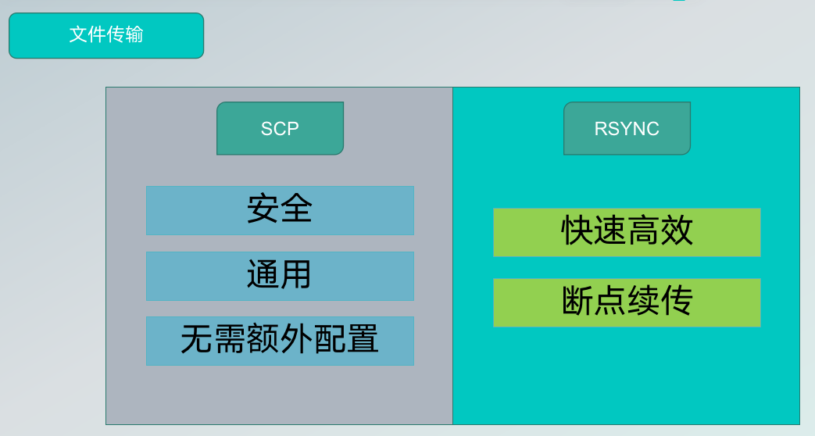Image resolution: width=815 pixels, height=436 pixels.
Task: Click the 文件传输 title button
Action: pyautogui.click(x=106, y=35)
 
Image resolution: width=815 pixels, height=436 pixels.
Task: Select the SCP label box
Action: pyautogui.click(x=280, y=128)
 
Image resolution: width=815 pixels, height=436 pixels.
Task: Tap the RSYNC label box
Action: pyautogui.click(x=627, y=128)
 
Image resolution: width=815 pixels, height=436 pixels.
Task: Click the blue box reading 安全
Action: pyautogui.click(x=280, y=210)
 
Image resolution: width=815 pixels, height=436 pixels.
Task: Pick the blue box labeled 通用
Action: pyautogui.click(x=280, y=276)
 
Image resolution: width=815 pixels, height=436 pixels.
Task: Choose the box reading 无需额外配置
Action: pyautogui.click(x=280, y=341)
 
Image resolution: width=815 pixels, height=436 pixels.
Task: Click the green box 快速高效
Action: pyautogui.click(x=627, y=232)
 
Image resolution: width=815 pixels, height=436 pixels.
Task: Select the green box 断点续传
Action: pyautogui.click(x=627, y=302)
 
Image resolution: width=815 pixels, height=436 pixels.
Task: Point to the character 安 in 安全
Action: pyautogui.click(x=263, y=209)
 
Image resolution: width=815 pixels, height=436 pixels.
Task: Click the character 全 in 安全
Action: pyautogui.click(x=296, y=209)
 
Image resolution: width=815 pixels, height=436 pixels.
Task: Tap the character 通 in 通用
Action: pyautogui.click(x=263, y=275)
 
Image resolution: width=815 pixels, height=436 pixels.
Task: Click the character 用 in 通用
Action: pyautogui.click(x=296, y=275)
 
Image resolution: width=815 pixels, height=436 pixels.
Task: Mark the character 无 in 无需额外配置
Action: pyautogui.click(x=197, y=341)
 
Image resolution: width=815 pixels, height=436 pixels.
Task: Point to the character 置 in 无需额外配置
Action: pyautogui.click(x=363, y=341)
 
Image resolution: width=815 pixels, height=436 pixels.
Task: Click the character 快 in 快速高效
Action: pyautogui.click(x=577, y=231)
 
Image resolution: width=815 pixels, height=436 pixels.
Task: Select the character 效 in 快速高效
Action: pyautogui.click(x=677, y=231)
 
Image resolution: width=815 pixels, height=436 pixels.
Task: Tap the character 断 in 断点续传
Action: pyautogui.click(x=577, y=302)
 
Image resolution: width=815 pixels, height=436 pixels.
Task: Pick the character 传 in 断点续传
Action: pyautogui.click(x=677, y=302)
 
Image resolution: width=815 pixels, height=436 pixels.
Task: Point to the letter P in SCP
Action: pyautogui.click(x=292, y=129)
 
